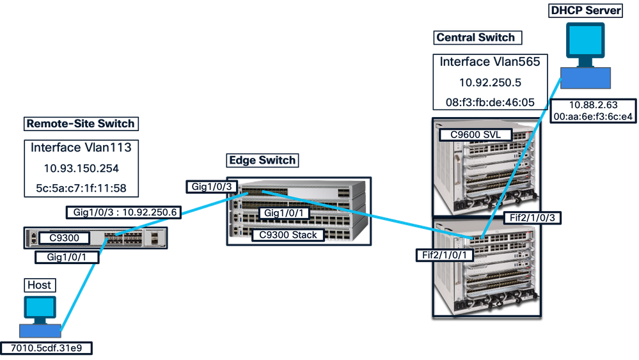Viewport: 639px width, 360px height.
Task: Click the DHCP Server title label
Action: pos(586,10)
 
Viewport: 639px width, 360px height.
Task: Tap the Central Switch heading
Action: pos(476,38)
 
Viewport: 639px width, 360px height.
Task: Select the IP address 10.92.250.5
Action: pos(490,82)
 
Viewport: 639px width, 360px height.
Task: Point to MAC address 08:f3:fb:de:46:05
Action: pos(490,102)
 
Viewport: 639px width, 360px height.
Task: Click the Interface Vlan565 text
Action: pos(490,62)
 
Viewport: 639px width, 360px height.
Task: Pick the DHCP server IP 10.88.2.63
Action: pos(594,105)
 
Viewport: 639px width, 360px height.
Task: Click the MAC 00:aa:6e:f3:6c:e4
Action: pos(594,116)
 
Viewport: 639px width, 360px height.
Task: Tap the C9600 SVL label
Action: pos(476,135)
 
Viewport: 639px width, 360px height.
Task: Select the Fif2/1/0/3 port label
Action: pos(532,218)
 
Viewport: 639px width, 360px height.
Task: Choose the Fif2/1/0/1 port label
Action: pos(445,255)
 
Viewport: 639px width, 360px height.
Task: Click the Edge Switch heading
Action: pos(262,160)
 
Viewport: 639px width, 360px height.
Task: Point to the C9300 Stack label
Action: pos(288,235)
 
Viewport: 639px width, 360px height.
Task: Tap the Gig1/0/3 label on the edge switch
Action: pos(212,187)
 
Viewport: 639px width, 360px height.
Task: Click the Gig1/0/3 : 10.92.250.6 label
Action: pos(124,212)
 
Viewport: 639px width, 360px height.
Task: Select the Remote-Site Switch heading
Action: pos(81,124)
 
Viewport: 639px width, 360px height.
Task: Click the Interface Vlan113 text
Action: pos(81,148)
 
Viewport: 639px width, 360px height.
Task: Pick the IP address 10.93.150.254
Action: pos(81,169)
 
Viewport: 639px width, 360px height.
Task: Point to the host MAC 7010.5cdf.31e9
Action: pos(46,348)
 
